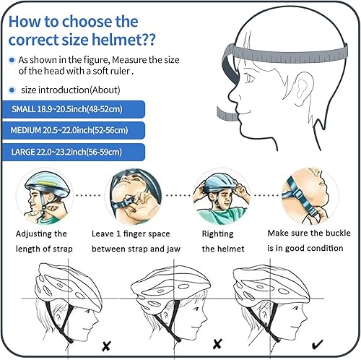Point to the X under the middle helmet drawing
tap(216, 346)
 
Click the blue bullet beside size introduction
tap(11, 90)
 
